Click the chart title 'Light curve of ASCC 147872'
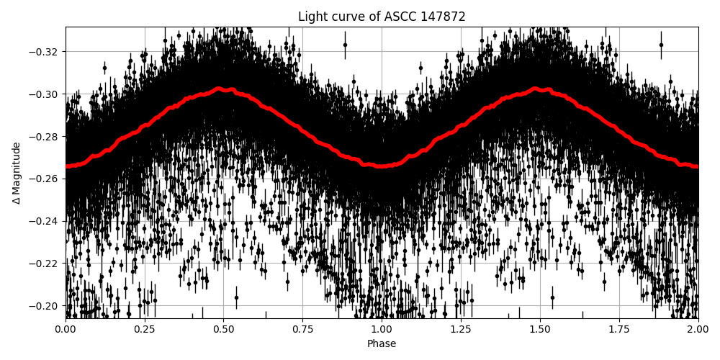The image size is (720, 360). (x=382, y=17)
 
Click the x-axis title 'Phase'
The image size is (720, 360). (x=382, y=344)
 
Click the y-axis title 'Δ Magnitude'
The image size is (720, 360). (x=17, y=173)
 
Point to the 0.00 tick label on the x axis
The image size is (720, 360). (x=66, y=330)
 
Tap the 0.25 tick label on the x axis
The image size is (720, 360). (x=145, y=330)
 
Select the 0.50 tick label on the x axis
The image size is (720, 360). (x=224, y=330)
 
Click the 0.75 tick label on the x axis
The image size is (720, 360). (x=302, y=330)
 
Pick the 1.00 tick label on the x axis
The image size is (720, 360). (x=382, y=330)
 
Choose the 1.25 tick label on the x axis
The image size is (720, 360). (x=461, y=330)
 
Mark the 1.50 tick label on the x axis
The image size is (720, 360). (x=540, y=330)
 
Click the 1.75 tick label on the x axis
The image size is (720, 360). (x=619, y=330)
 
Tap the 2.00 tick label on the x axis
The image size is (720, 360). (x=698, y=330)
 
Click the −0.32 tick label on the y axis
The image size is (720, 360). (x=45, y=52)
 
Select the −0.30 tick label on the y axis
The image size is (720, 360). (x=45, y=94)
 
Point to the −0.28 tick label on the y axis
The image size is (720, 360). (x=45, y=136)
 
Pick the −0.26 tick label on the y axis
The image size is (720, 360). (x=45, y=179)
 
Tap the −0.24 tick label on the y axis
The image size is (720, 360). (x=45, y=221)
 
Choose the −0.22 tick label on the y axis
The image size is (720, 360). (x=45, y=264)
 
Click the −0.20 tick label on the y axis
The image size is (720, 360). (x=45, y=306)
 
